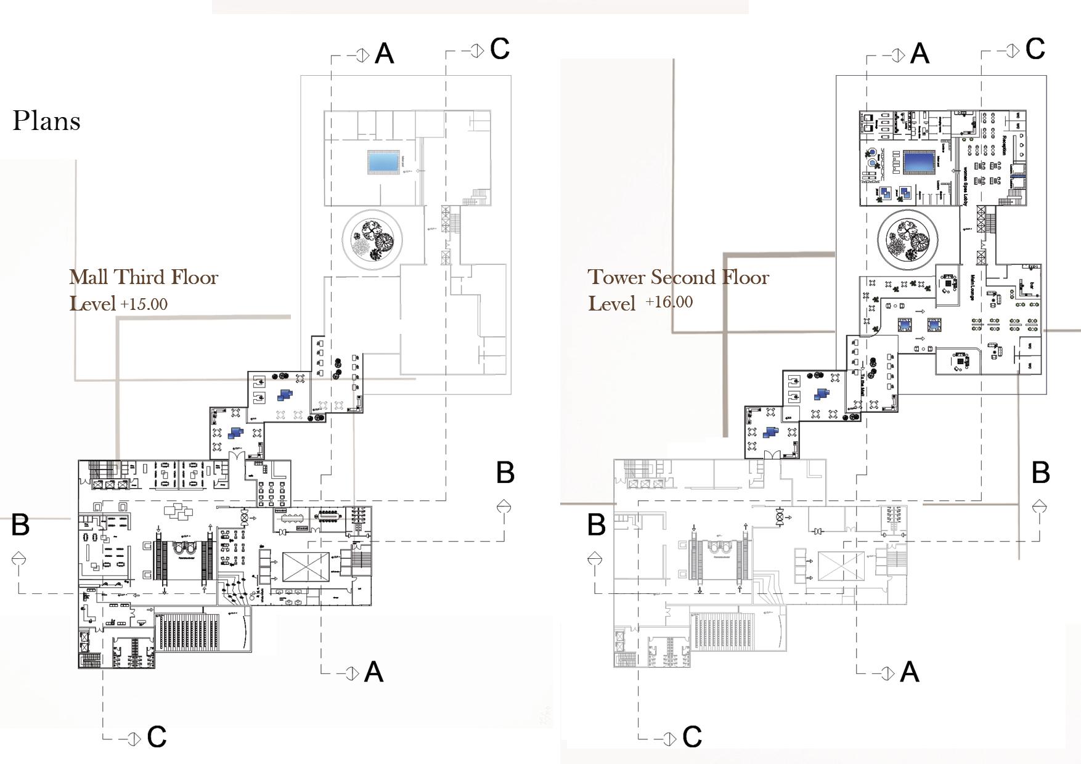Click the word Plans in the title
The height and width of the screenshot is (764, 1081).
pyautogui.click(x=46, y=121)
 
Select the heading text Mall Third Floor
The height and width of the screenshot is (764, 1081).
pyautogui.click(x=144, y=277)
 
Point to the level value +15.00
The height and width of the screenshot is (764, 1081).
pyautogui.click(x=144, y=304)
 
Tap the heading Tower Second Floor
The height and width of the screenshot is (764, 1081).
pyautogui.click(x=678, y=277)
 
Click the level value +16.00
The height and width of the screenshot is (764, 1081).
pyautogui.click(x=669, y=302)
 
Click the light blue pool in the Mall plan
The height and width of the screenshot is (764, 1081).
pyautogui.click(x=383, y=162)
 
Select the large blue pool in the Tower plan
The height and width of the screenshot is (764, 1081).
pyautogui.click(x=919, y=163)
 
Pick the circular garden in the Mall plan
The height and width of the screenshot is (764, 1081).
pyautogui.click(x=372, y=238)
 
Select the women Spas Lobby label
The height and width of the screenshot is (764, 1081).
pyautogui.click(x=965, y=185)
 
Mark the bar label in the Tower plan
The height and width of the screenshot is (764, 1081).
pyautogui.click(x=1032, y=286)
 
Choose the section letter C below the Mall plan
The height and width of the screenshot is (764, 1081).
pyautogui.click(x=157, y=737)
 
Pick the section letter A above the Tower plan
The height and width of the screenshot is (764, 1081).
pyautogui.click(x=920, y=54)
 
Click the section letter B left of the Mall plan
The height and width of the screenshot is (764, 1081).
pyautogui.click(x=20, y=525)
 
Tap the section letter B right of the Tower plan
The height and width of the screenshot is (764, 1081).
pyautogui.click(x=1040, y=473)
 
